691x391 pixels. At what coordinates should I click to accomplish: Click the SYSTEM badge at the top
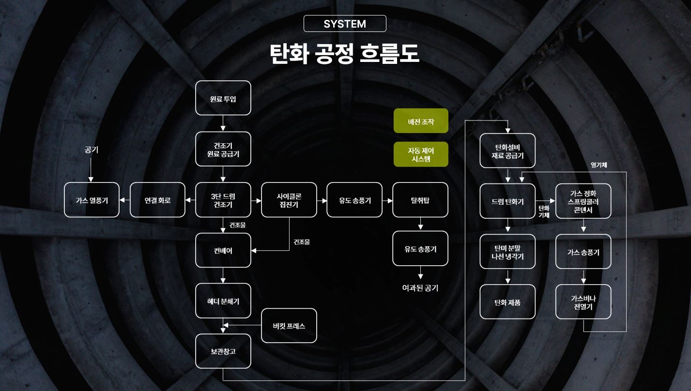click(x=345, y=24)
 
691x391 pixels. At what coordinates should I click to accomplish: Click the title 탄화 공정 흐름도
click(x=345, y=54)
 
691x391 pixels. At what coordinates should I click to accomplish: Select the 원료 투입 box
click(x=223, y=98)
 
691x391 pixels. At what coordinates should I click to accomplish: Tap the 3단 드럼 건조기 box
click(x=223, y=200)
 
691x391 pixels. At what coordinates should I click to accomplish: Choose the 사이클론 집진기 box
click(x=289, y=200)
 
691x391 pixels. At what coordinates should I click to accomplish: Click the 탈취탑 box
click(x=420, y=200)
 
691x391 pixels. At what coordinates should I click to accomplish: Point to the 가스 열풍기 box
click(x=92, y=200)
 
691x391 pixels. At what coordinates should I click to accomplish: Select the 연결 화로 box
click(x=157, y=200)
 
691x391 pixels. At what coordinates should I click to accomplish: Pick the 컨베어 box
click(x=223, y=250)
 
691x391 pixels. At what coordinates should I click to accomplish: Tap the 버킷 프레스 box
click(x=289, y=326)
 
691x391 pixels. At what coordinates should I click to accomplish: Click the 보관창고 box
click(x=223, y=351)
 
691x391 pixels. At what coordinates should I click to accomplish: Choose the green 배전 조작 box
click(x=421, y=121)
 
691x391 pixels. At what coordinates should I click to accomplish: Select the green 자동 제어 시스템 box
click(x=421, y=154)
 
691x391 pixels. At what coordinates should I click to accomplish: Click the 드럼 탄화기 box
click(x=507, y=201)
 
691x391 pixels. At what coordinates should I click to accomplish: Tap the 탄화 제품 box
click(x=507, y=302)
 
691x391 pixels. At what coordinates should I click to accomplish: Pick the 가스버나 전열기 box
click(x=583, y=302)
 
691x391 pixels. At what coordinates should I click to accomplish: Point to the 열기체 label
click(x=599, y=165)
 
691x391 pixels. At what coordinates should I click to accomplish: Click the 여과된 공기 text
click(x=420, y=288)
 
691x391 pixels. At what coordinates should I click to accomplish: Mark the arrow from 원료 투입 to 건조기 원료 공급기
click(x=223, y=123)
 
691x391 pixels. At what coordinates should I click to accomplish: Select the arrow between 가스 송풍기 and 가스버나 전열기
click(x=583, y=276)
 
